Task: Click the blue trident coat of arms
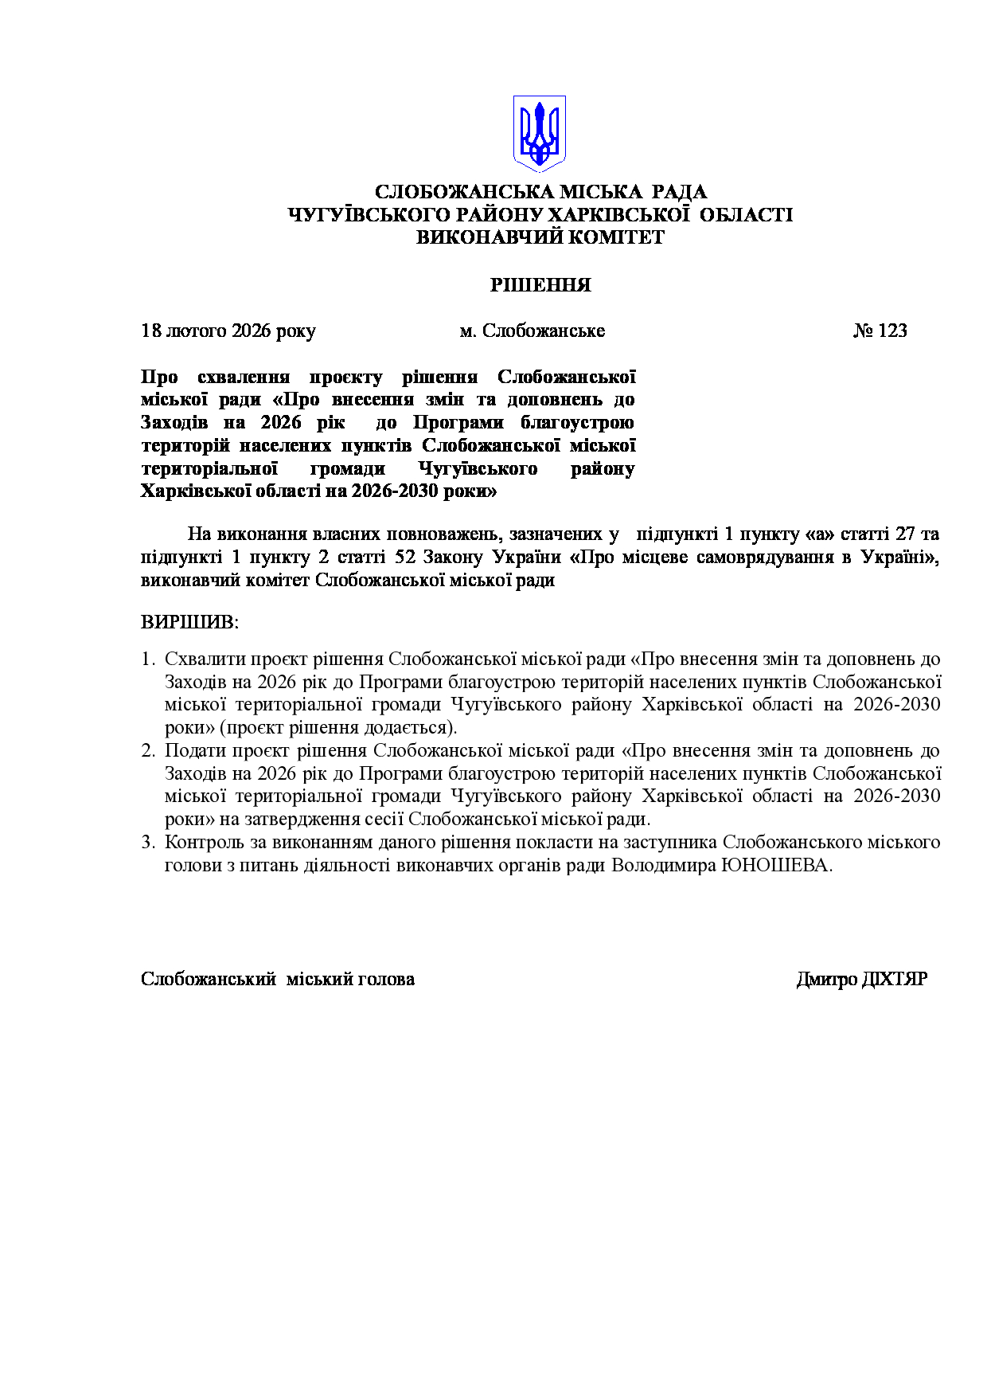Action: tap(540, 133)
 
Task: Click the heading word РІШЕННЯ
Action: tap(540, 285)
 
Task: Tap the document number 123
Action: tap(892, 331)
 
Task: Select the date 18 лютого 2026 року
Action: tap(228, 331)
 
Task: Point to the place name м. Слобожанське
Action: tap(533, 331)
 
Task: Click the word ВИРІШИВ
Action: tap(189, 622)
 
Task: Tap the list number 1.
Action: tap(146, 659)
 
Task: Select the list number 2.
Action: tap(146, 751)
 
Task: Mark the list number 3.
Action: tap(146, 843)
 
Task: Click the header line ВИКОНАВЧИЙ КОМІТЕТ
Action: tap(540, 237)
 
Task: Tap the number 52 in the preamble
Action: tap(405, 557)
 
